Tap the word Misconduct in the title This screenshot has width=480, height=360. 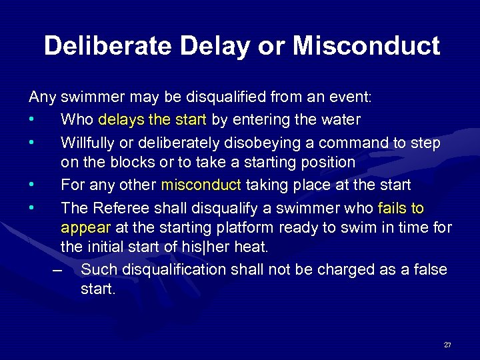pyautogui.click(x=366, y=46)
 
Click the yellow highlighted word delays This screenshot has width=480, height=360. pyautogui.click(x=117, y=120)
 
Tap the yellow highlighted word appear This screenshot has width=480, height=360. pyautogui.click(x=86, y=227)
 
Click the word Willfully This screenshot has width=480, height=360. pyautogui.click(x=86, y=143)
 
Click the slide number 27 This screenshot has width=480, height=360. pyautogui.click(x=447, y=345)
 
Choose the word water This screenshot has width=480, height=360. pyautogui.click(x=341, y=120)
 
